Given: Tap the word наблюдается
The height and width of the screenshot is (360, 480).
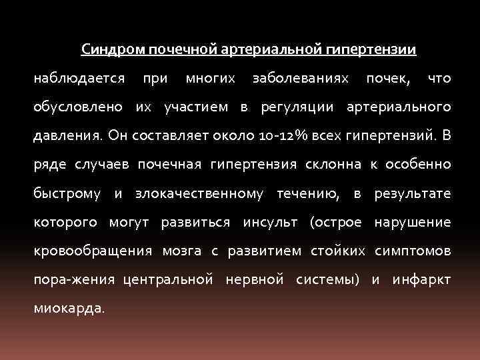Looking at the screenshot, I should tap(79, 79).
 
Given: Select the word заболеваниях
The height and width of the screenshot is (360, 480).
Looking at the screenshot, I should tap(300, 79).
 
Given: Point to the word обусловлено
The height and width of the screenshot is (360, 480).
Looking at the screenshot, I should tap(78, 107).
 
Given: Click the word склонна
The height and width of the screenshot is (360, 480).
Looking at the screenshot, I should tap(333, 165).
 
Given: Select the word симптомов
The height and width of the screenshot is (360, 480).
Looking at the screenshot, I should tap(413, 251).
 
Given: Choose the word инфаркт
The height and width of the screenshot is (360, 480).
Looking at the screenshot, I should tap(421, 279).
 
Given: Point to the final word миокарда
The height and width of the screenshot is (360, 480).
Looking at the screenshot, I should tap(67, 308).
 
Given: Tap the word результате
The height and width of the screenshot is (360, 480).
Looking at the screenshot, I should tap(413, 193).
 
